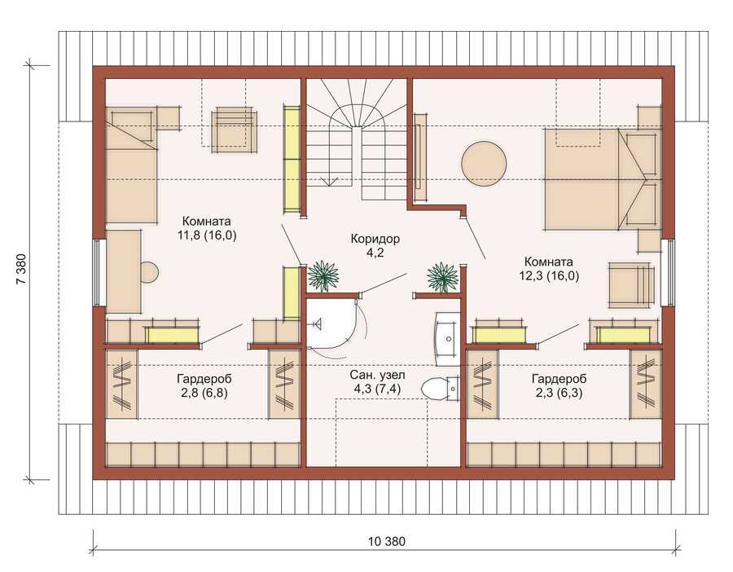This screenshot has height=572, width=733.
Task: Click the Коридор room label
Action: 375,239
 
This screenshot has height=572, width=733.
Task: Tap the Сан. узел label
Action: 377,375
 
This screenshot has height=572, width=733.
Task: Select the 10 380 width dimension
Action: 387,542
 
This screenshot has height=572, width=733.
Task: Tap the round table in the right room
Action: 484,164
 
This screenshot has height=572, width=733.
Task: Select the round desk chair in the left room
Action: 150,271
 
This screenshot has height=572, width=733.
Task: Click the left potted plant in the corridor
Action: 323,276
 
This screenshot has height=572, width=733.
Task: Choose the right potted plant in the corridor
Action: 442,277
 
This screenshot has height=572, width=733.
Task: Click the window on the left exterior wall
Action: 99,273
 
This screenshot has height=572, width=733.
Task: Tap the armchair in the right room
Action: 630,285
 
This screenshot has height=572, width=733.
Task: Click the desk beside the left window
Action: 124,271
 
